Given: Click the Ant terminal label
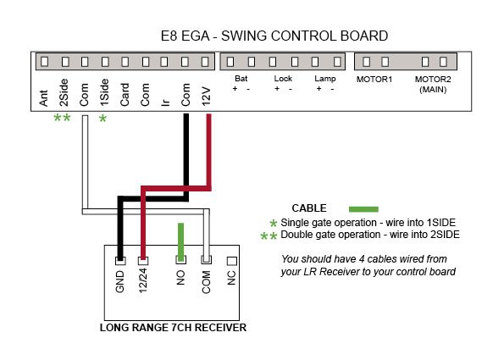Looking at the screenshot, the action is tap(43, 98).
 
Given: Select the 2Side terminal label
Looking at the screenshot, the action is tap(64, 92).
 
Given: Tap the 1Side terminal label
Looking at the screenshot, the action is tap(104, 92).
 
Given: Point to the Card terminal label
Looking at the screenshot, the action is tap(125, 95).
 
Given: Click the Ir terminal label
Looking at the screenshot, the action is tap(165, 102).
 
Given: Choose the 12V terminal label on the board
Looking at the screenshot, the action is tap(206, 96).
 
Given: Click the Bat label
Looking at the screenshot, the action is tap(241, 79).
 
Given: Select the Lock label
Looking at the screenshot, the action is tap(283, 79).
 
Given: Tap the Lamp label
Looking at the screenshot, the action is tap(325, 79).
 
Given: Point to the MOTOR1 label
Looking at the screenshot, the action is tap(374, 79).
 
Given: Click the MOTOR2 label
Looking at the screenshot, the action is tap(433, 79).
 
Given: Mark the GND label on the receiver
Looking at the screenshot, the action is tap(119, 281).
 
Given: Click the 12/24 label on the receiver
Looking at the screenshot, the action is tap(143, 280).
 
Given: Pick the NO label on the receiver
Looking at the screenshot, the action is tap(180, 278).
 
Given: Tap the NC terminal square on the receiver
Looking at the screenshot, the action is tap(232, 261).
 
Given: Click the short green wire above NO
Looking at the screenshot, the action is tap(180, 241).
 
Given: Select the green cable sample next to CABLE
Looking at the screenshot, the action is tap(363, 209).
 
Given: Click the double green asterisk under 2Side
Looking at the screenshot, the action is tap(62, 118).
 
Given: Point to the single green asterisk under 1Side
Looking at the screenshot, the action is tap(102, 119).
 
